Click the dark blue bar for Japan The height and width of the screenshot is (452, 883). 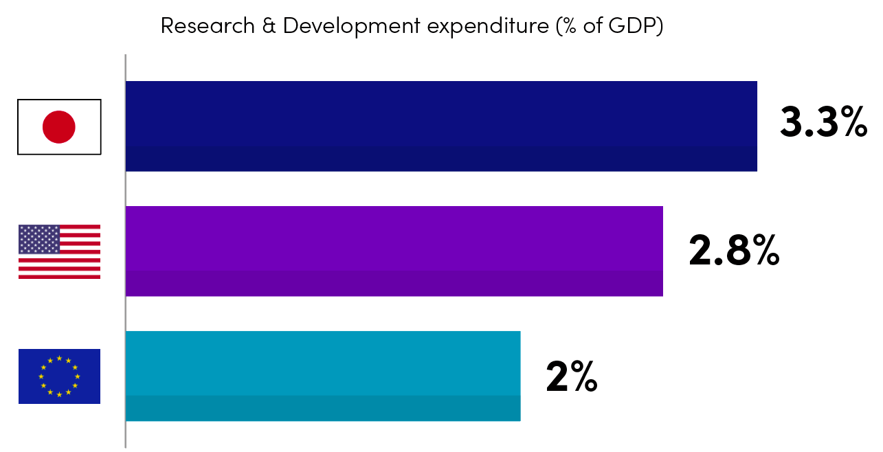(441, 126)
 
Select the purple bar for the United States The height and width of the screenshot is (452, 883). (394, 251)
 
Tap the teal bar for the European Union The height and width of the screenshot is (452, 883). (323, 376)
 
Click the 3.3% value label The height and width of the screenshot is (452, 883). (823, 123)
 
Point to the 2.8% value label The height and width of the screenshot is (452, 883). (734, 251)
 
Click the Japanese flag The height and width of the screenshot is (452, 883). (59, 127)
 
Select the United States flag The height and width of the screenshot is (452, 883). (59, 251)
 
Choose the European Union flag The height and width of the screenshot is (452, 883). (59, 376)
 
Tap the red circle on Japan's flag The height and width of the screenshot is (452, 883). (59, 127)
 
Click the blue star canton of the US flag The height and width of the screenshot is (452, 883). (39, 239)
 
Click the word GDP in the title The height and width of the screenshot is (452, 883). (637, 26)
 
